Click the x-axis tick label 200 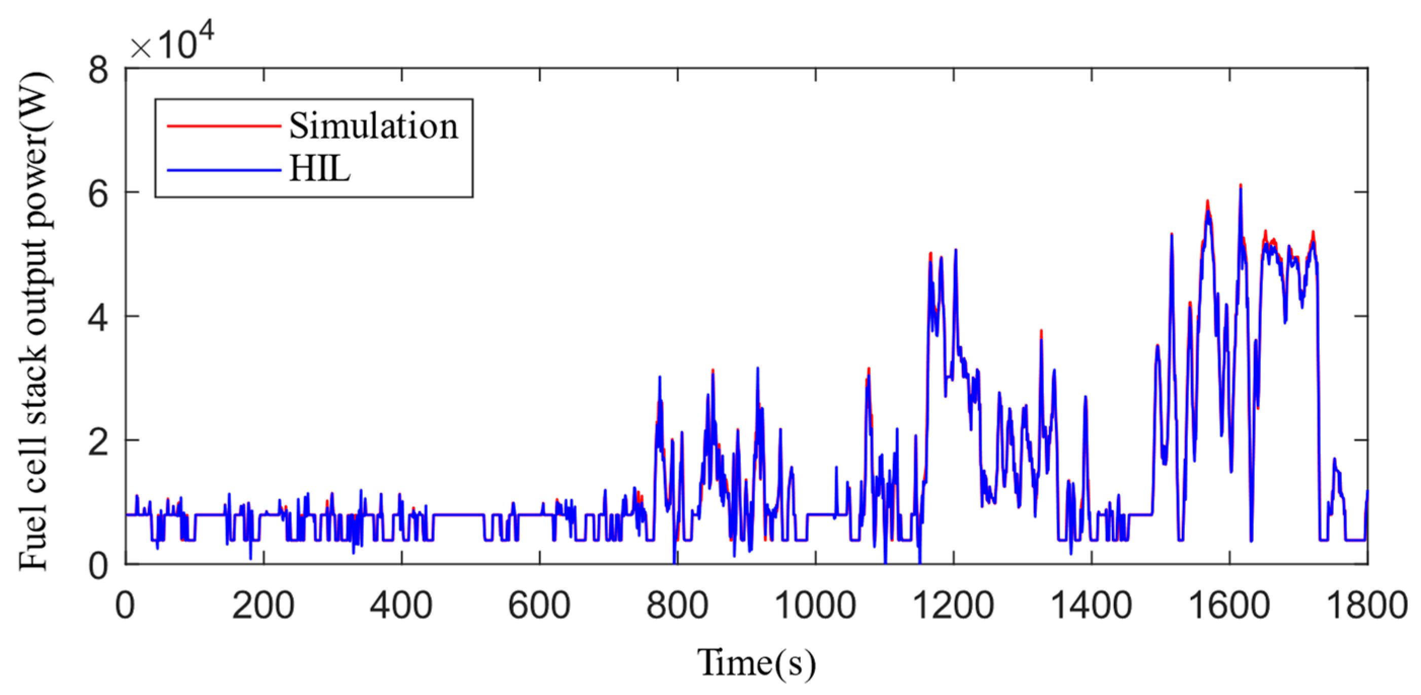[263, 606]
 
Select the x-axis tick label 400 [401, 606]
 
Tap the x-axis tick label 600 [539, 606]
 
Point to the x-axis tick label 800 [677, 606]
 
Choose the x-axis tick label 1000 [815, 606]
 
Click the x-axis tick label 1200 [953, 606]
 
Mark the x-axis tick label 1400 [1091, 606]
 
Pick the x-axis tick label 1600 [1229, 606]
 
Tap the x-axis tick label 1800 [1367, 606]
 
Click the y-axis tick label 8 [98, 70]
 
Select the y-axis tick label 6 [98, 194]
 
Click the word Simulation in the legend [373, 126]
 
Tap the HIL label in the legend [320, 169]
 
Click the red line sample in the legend [224, 126]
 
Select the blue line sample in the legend [224, 170]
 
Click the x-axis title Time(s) [756, 663]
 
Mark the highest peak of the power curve [1241, 187]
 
